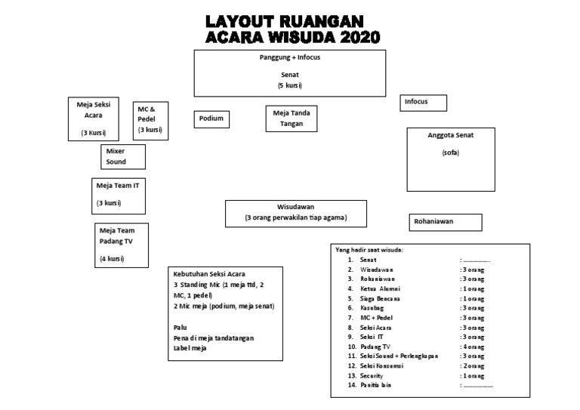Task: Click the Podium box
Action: [212, 119]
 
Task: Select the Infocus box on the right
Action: [424, 103]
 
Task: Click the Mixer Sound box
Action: [122, 156]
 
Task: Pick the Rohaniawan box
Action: [446, 222]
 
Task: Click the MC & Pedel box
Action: [150, 120]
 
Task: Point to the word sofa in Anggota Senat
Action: [450, 153]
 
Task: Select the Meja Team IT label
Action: [117, 185]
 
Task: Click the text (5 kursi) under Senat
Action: [290, 86]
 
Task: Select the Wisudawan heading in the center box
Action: [295, 206]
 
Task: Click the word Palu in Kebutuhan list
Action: [180, 327]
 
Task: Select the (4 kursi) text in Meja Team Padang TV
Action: [111, 259]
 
